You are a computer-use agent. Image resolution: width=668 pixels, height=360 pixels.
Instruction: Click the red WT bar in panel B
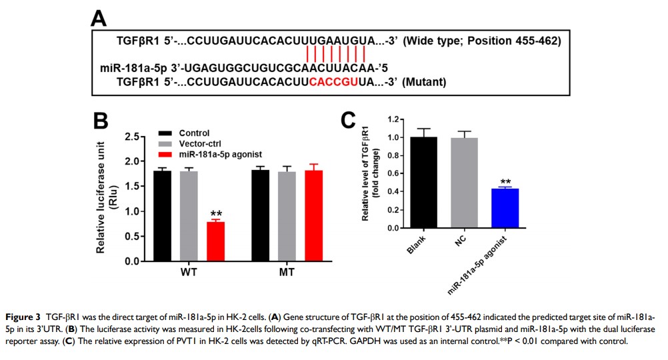pos(215,241)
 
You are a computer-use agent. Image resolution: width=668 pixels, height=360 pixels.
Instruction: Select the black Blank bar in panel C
pos(415,182)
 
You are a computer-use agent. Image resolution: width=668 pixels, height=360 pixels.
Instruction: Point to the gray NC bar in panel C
pos(459,183)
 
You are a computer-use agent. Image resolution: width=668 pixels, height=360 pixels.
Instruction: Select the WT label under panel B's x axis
pos(189,273)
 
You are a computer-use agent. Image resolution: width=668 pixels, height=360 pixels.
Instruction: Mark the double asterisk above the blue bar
pos(505,182)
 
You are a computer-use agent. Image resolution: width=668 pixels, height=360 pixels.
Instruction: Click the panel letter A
pos(99,18)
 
